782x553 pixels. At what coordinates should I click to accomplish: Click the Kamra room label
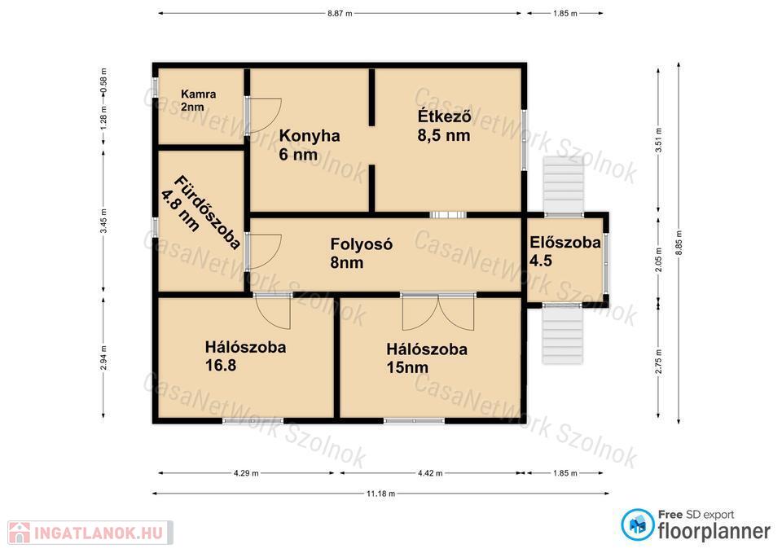199,100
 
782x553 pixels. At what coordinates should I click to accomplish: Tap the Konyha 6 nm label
310,145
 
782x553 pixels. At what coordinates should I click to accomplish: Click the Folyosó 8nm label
362,252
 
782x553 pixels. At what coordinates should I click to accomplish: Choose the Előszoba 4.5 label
565,252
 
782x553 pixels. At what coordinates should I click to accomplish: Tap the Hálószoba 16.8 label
245,356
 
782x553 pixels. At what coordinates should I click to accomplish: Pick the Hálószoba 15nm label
427,358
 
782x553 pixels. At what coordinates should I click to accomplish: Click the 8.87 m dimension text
340,14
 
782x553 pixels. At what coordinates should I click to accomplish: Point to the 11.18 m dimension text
380,494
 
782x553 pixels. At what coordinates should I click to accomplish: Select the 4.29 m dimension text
246,472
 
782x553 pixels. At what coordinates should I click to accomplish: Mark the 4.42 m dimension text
430,472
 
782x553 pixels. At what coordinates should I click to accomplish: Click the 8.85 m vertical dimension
679,243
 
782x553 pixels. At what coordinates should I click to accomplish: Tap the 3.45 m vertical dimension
103,221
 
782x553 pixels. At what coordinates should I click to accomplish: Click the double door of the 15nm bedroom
438,312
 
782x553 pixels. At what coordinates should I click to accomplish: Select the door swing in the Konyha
264,115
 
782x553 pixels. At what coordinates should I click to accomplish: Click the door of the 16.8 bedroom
273,311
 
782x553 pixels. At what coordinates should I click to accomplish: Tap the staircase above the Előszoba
564,185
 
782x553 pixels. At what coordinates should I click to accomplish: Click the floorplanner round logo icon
637,524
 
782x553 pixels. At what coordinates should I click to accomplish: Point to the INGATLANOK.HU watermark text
99,533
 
